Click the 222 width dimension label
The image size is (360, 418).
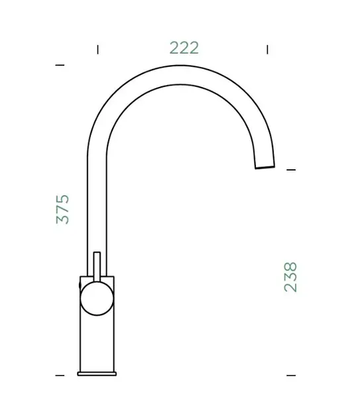pos(184,48)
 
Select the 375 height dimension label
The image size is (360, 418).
pos(62,209)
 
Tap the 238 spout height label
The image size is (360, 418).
pos(290,277)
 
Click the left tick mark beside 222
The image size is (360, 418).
pos(98,50)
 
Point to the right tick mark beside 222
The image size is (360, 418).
pos(267,50)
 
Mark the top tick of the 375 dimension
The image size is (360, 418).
pos(60,65)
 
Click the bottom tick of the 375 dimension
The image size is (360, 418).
pos(60,376)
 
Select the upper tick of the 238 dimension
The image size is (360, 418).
pos(291,170)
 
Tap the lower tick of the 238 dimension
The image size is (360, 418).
pos(291,376)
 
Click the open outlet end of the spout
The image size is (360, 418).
pos(265,167)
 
